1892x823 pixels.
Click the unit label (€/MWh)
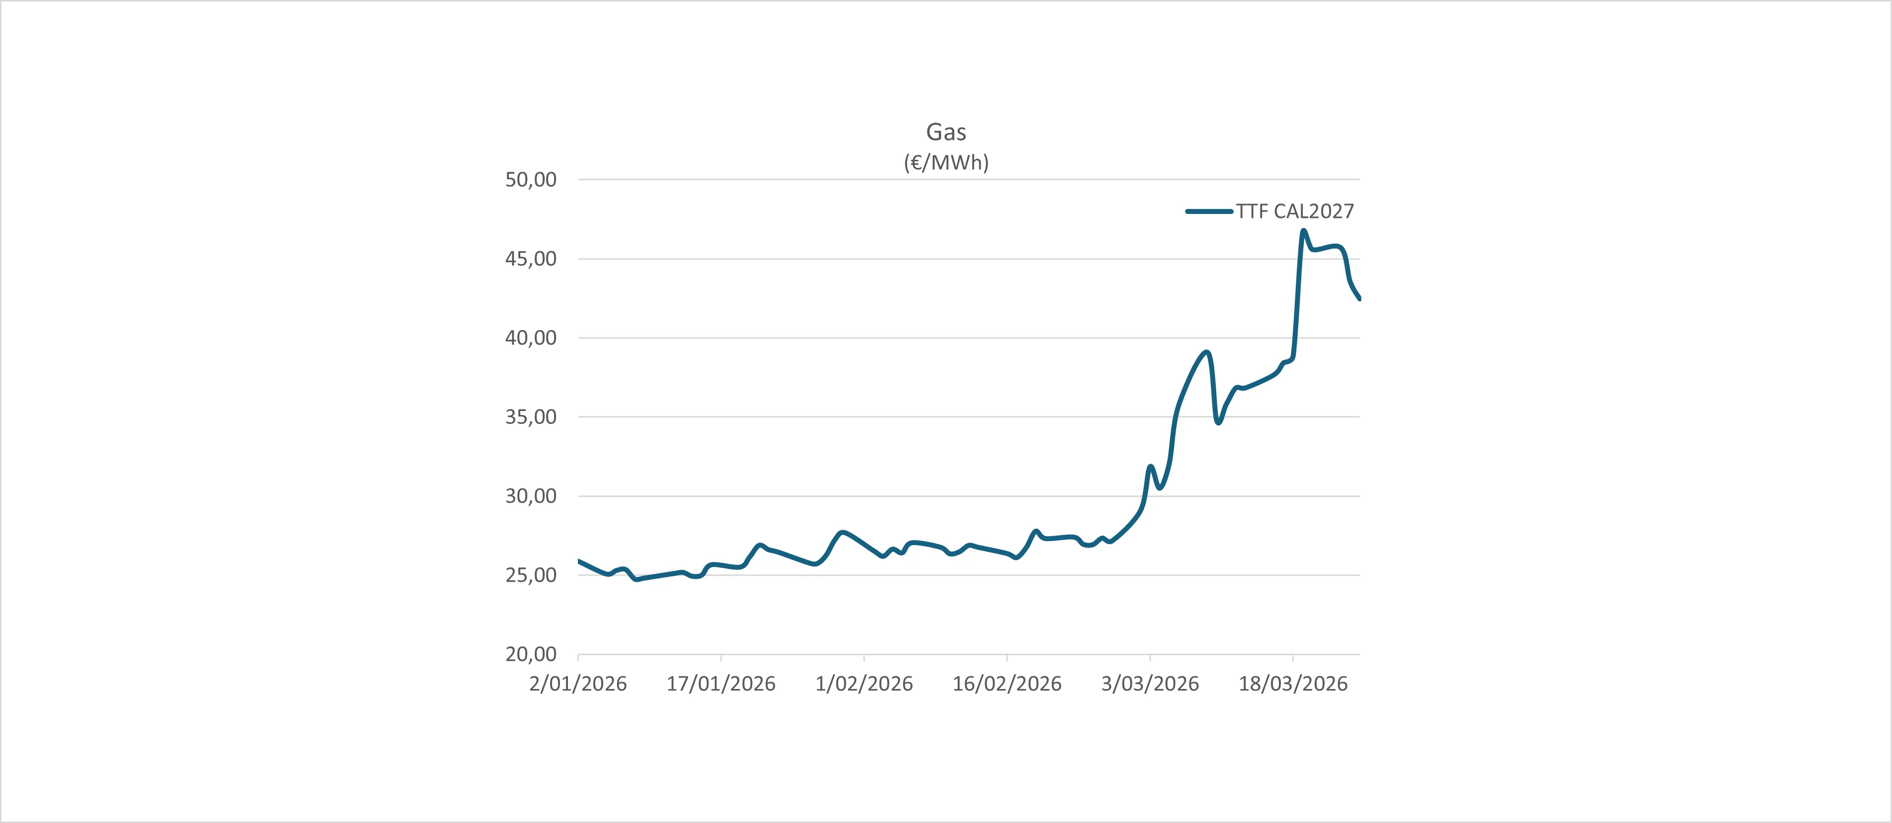(x=946, y=162)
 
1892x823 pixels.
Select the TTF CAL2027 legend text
(x=1294, y=211)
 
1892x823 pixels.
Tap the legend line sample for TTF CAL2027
(x=1209, y=211)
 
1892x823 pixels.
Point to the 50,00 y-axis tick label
(x=530, y=180)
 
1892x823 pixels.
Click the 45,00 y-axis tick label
(x=530, y=259)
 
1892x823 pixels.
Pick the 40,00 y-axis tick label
(x=530, y=338)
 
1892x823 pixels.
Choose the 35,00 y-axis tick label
(x=530, y=417)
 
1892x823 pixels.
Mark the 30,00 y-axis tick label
(x=530, y=496)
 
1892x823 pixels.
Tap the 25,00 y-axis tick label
(x=530, y=575)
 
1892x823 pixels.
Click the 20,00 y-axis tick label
(x=530, y=654)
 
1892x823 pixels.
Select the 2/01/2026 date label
(x=578, y=684)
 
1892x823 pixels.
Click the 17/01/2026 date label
(x=720, y=684)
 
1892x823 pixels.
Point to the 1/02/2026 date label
(x=864, y=684)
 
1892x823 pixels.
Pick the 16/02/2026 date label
(x=1007, y=684)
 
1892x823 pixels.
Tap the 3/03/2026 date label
(x=1149, y=684)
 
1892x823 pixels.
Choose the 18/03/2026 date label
(x=1293, y=684)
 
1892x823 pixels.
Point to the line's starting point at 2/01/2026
(x=579, y=561)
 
